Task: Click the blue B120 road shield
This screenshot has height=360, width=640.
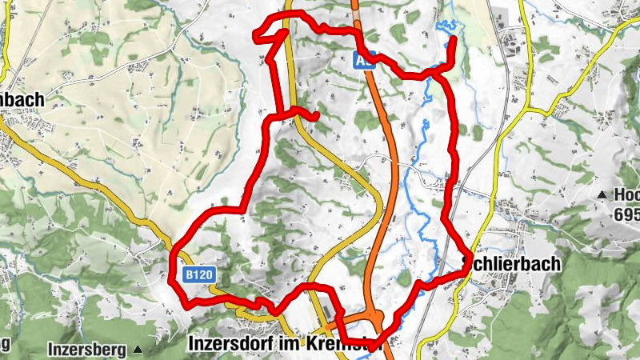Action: [x=199, y=274]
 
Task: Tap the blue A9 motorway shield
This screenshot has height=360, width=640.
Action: [x=364, y=58]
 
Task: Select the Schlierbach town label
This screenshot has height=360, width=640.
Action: [x=511, y=264]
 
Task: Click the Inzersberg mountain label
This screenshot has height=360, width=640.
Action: [x=88, y=350]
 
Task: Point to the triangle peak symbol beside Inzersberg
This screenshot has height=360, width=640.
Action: [x=138, y=350]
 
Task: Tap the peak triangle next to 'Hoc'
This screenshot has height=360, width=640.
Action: [x=602, y=194]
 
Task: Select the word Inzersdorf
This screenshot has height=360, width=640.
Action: [x=226, y=342]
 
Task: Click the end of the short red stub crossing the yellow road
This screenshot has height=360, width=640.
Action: [x=317, y=117]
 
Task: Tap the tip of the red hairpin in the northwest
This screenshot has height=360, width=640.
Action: [x=256, y=34]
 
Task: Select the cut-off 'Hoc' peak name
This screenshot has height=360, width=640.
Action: [x=626, y=194]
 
